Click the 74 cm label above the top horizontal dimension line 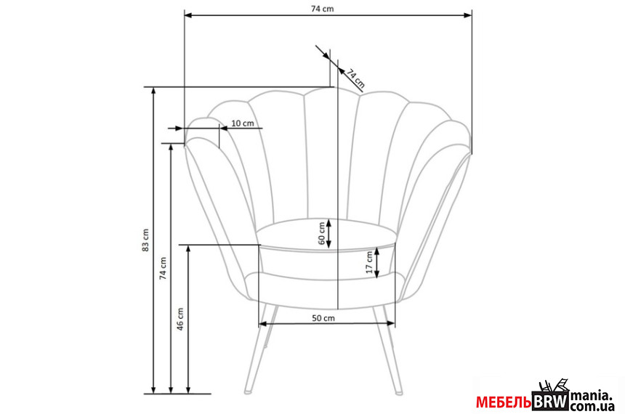pyautogui.click(x=322, y=9)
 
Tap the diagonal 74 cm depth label pyautogui.click(x=355, y=78)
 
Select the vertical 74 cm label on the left pyautogui.click(x=164, y=268)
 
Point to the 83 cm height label pyautogui.click(x=145, y=240)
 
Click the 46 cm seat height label pyautogui.click(x=180, y=319)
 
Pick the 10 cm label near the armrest pyautogui.click(x=242, y=123)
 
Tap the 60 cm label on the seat pyautogui.click(x=322, y=233)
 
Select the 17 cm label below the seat pyautogui.click(x=369, y=262)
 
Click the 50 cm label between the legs pyautogui.click(x=323, y=318)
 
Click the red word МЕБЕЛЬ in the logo pyautogui.click(x=504, y=402)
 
